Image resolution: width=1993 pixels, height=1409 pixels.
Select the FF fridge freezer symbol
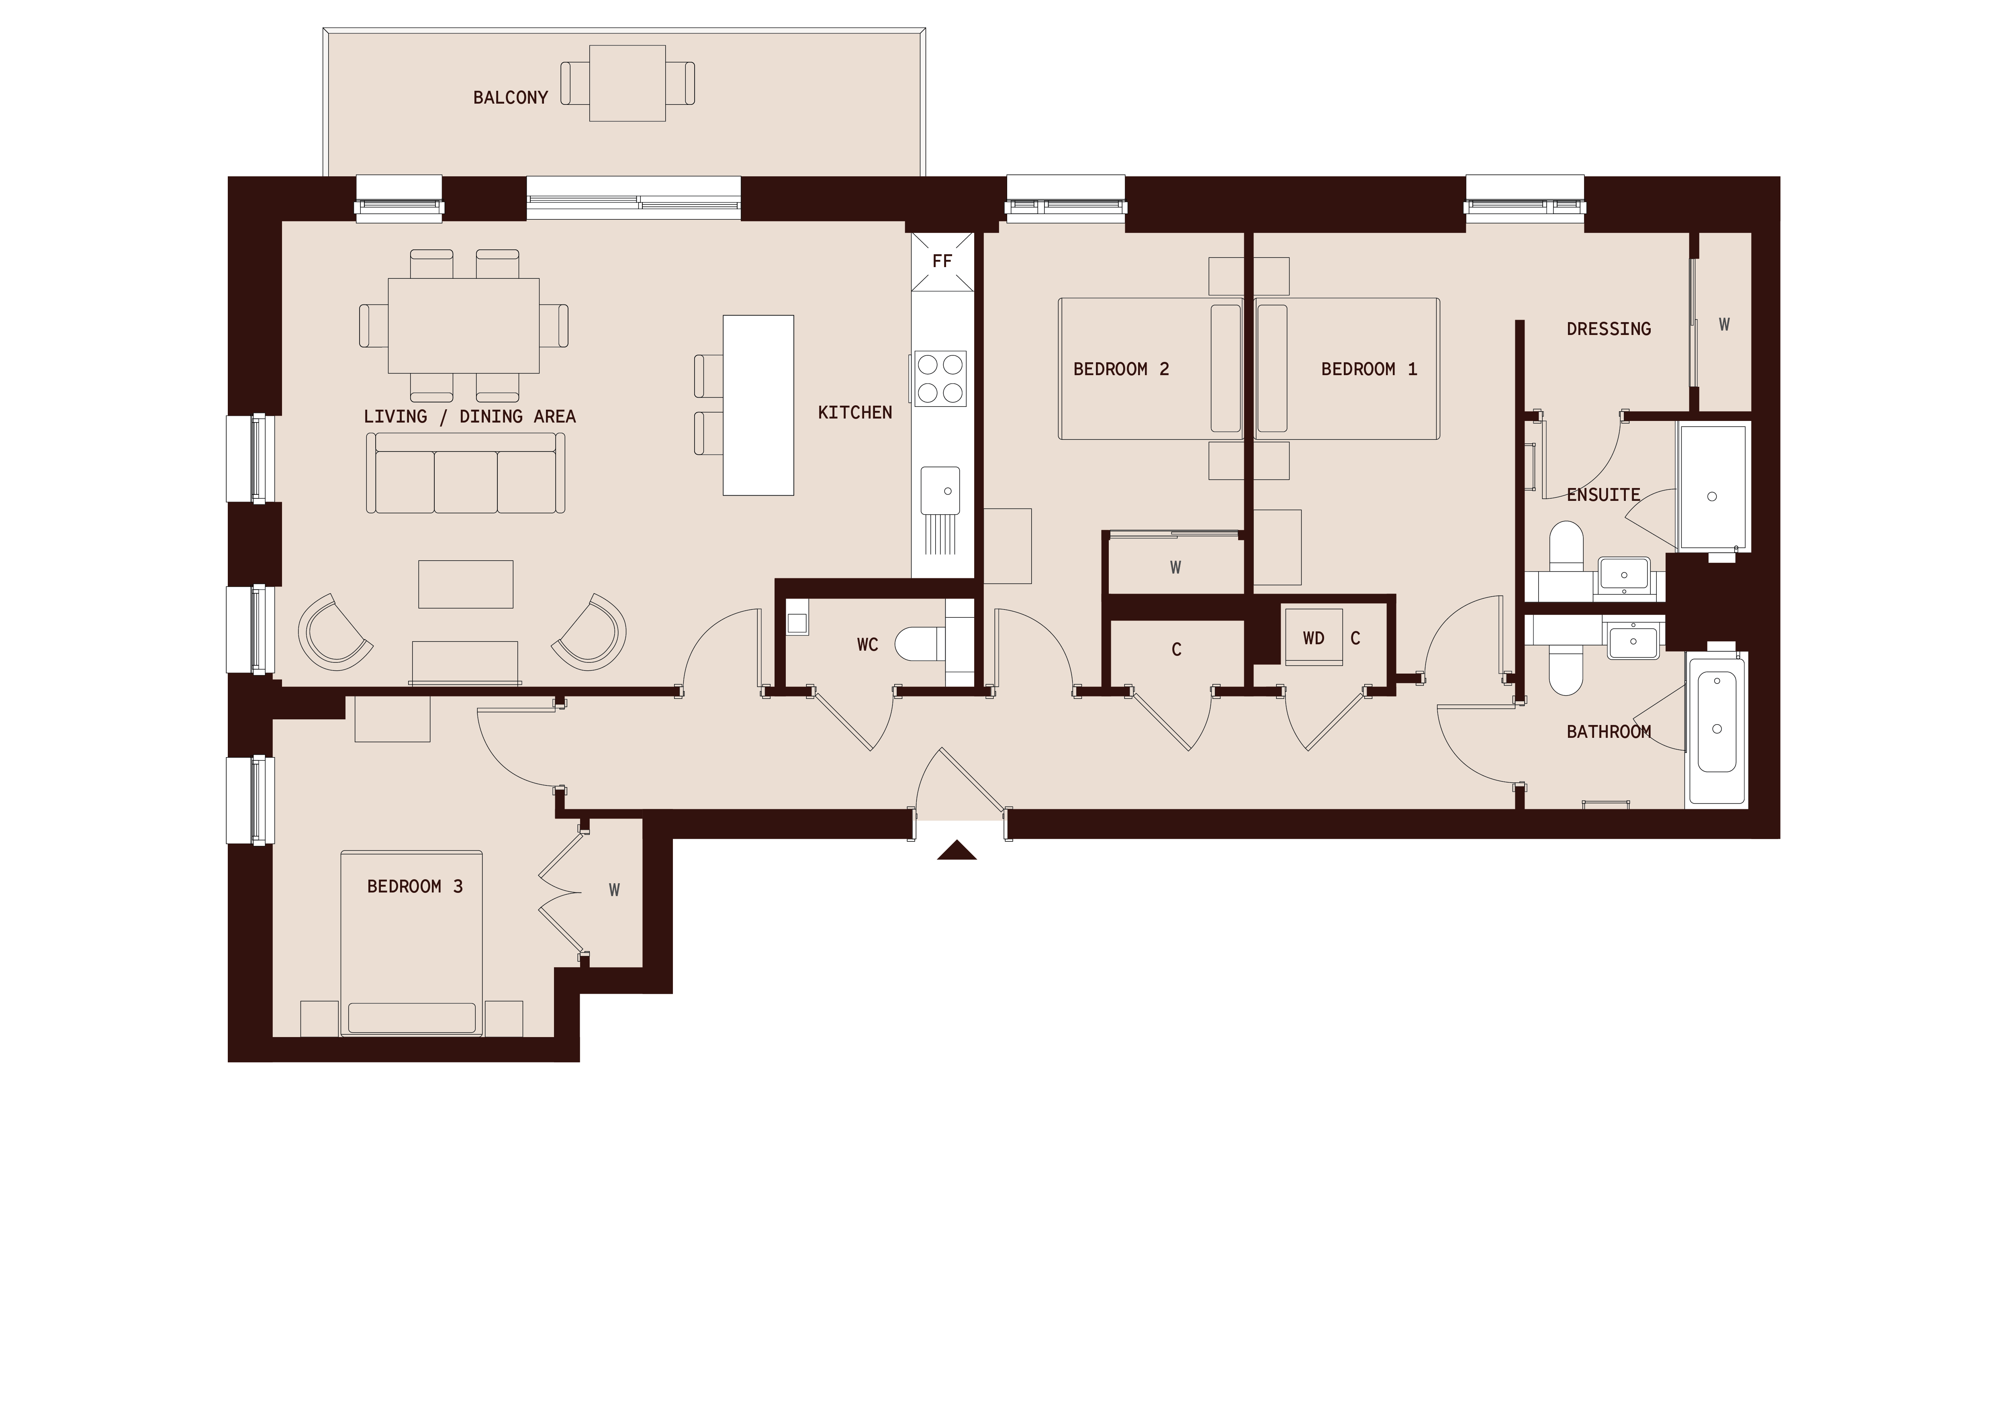click(942, 261)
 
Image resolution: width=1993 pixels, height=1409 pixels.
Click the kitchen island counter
click(758, 405)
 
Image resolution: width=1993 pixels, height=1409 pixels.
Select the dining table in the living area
click(464, 325)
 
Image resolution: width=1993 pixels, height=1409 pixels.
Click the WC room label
click(867, 645)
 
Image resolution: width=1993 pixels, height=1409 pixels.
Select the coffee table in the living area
click(465, 584)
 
